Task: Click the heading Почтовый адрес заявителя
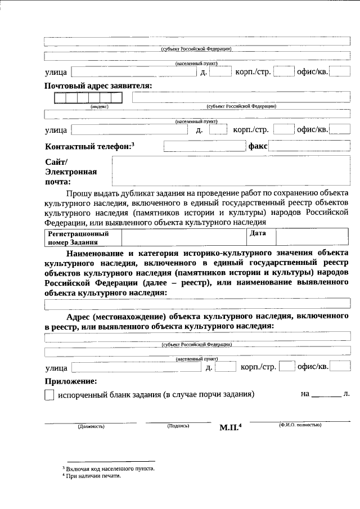(98, 86)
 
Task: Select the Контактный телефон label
(89, 146)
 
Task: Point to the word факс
(257, 146)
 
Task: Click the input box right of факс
(309, 146)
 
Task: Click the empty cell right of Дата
(312, 237)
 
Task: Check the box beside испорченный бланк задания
(49, 395)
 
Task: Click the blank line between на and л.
(326, 395)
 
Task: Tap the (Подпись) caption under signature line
(178, 426)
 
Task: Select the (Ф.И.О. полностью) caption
(299, 425)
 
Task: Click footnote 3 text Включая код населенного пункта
(108, 468)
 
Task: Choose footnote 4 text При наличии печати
(93, 476)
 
